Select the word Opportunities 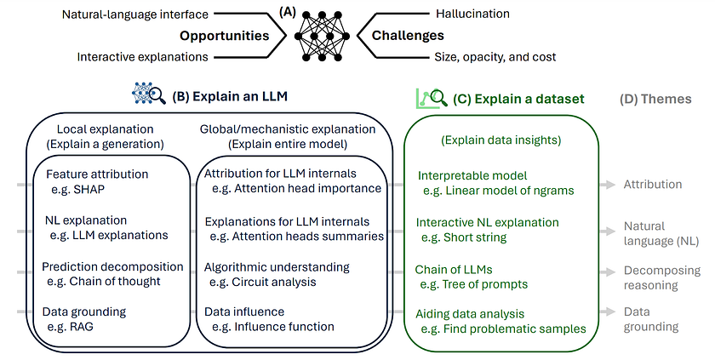tap(225, 36)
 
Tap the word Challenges tap(409, 36)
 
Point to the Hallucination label tap(472, 14)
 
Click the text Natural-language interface tap(136, 14)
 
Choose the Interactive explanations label tap(143, 57)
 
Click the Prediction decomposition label tap(112, 266)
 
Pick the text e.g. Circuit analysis tap(264, 281)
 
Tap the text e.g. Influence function tap(273, 326)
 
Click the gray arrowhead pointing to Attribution tap(610, 184)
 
